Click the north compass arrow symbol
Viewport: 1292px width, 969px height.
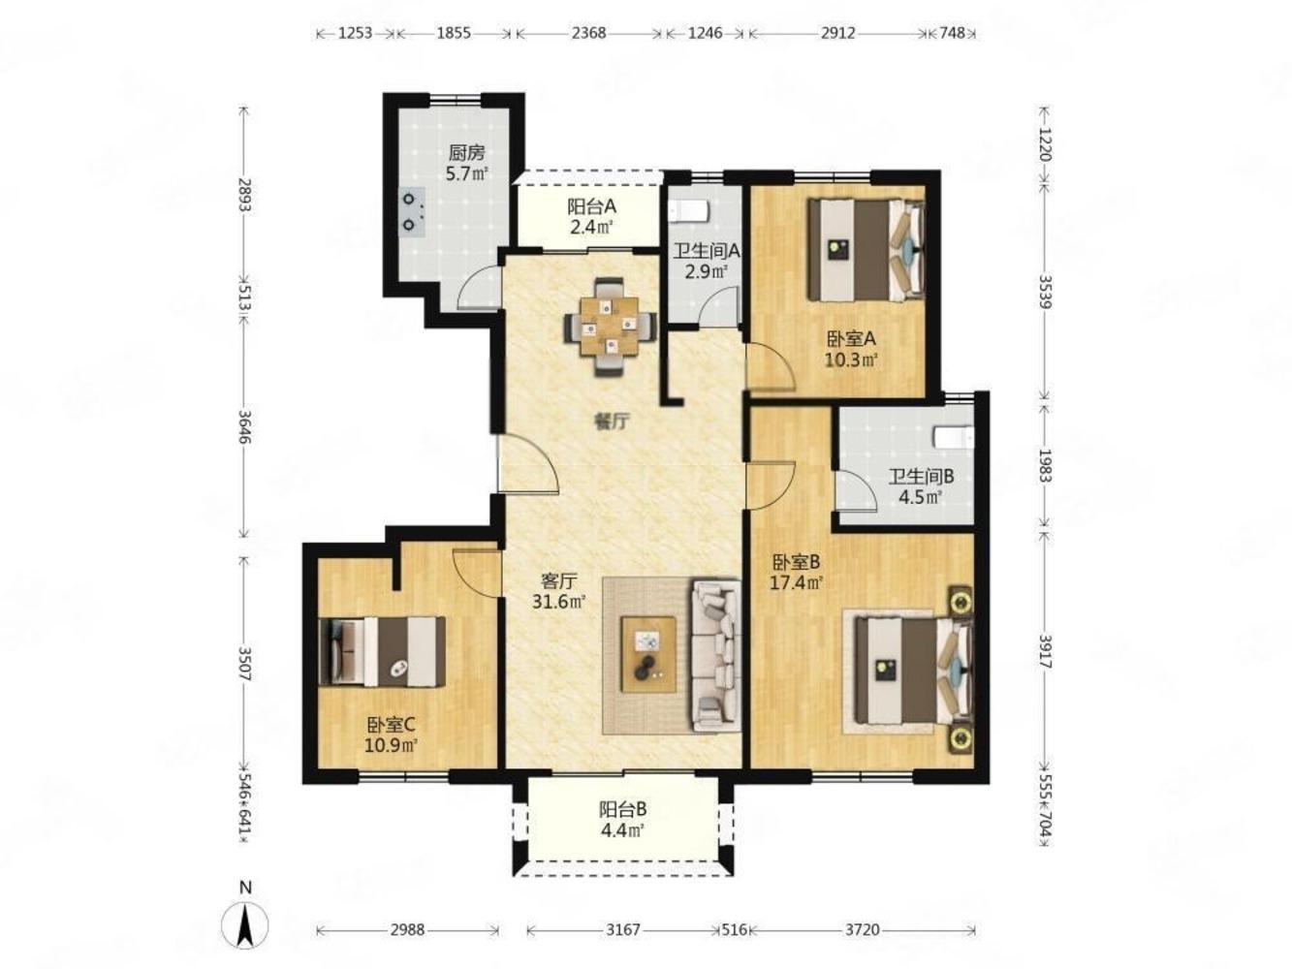click(245, 929)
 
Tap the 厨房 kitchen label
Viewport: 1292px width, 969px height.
click(467, 153)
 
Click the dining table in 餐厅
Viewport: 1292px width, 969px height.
click(610, 328)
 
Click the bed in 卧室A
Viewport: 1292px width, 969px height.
click(866, 249)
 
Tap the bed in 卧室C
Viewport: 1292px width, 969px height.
click(382, 651)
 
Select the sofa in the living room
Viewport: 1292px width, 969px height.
click(715, 655)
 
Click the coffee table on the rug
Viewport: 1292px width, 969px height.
click(648, 654)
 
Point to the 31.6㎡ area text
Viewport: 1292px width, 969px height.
click(558, 602)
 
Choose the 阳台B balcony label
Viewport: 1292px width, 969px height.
click(623, 809)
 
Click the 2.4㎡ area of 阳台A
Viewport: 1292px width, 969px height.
click(591, 227)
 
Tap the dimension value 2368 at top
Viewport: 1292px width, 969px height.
click(588, 33)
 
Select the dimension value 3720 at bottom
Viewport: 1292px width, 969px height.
click(863, 930)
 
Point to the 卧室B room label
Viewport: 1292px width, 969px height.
click(796, 562)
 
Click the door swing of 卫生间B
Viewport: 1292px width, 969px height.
click(858, 490)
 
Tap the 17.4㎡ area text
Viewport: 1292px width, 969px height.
click(796, 583)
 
